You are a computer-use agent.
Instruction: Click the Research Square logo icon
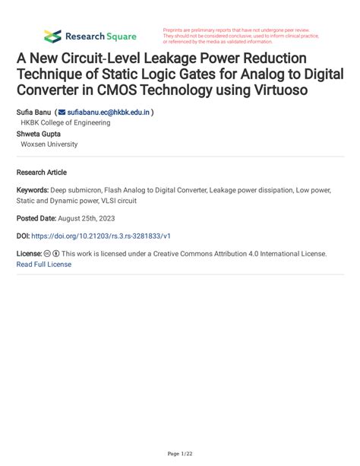(x=52, y=36)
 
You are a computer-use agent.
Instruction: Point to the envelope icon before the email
(x=62, y=112)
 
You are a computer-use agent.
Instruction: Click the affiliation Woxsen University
(x=49, y=144)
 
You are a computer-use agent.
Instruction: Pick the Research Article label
(x=42, y=173)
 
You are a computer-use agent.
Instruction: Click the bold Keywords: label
(x=32, y=191)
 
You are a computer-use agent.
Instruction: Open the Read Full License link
(x=44, y=264)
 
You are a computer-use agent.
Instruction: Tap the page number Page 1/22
(x=179, y=453)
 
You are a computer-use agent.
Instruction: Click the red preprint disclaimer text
(x=240, y=36)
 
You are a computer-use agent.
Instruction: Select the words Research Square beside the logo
(x=101, y=36)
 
